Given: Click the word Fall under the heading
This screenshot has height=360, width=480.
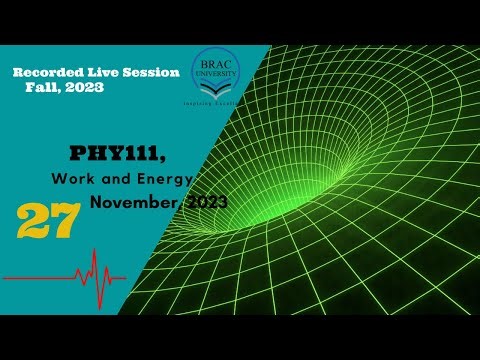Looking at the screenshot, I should (x=46, y=87).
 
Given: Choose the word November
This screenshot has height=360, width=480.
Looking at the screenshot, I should (x=136, y=202).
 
